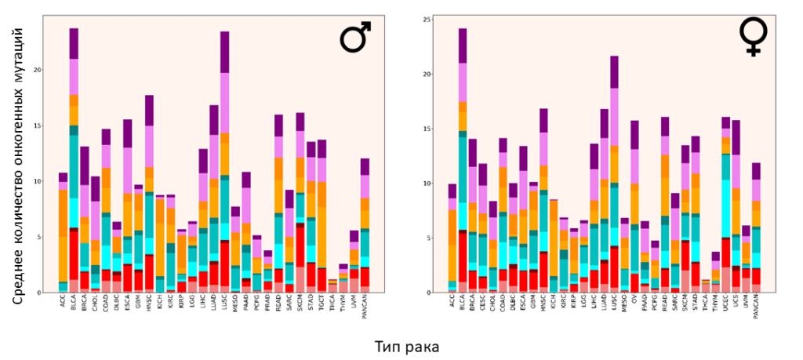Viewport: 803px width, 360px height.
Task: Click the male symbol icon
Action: coord(354,39)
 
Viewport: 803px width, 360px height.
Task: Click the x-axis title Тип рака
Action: coord(405,346)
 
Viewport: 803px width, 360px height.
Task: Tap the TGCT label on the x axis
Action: coord(322,304)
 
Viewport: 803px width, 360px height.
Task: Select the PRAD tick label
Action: coord(267,304)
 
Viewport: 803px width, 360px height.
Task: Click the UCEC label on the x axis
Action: coord(726,304)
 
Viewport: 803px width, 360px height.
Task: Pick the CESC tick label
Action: coord(484,304)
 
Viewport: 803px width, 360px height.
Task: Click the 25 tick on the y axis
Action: coord(424,20)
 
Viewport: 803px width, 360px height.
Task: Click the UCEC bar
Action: coord(726,205)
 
